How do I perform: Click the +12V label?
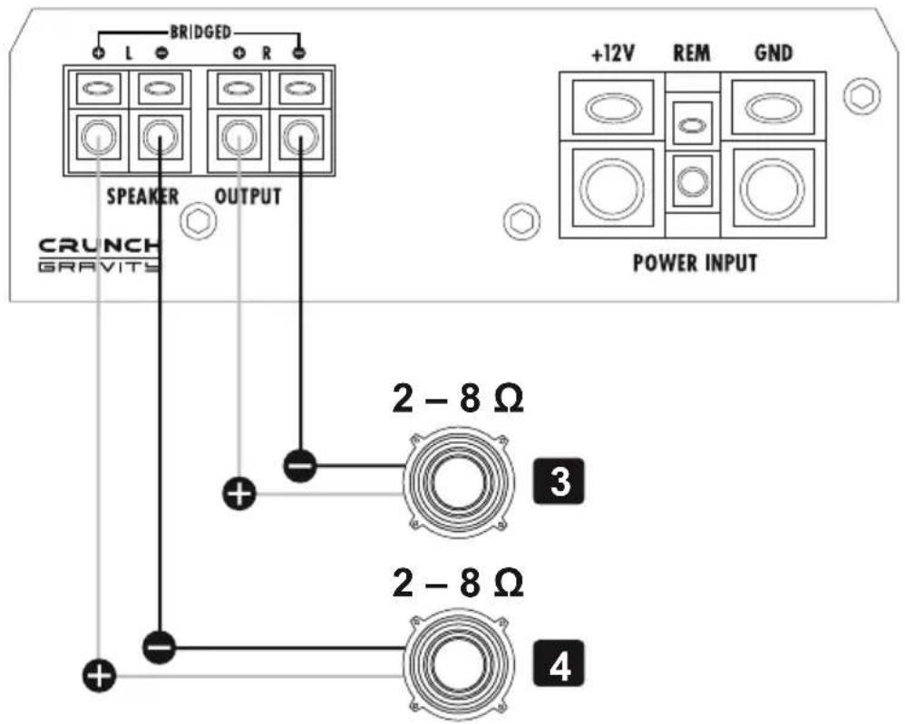613,53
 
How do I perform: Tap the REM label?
692,53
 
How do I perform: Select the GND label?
774,53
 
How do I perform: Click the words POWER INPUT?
695,263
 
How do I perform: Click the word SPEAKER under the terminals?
142,197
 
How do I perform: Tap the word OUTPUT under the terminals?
248,197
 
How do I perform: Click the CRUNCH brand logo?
99,246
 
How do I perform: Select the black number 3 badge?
560,482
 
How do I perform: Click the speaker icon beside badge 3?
459,481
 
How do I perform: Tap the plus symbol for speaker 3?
239,495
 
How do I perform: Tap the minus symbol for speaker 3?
300,465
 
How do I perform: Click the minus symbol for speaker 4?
159,647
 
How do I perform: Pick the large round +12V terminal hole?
612,187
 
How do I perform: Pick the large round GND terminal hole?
773,187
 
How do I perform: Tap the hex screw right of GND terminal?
862,96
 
